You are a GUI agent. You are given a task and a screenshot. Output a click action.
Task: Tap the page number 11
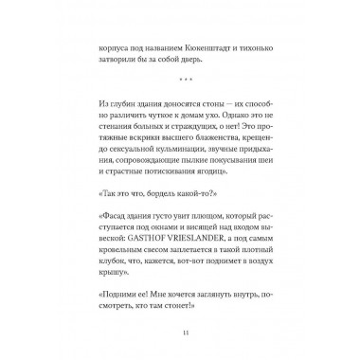(180, 331)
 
